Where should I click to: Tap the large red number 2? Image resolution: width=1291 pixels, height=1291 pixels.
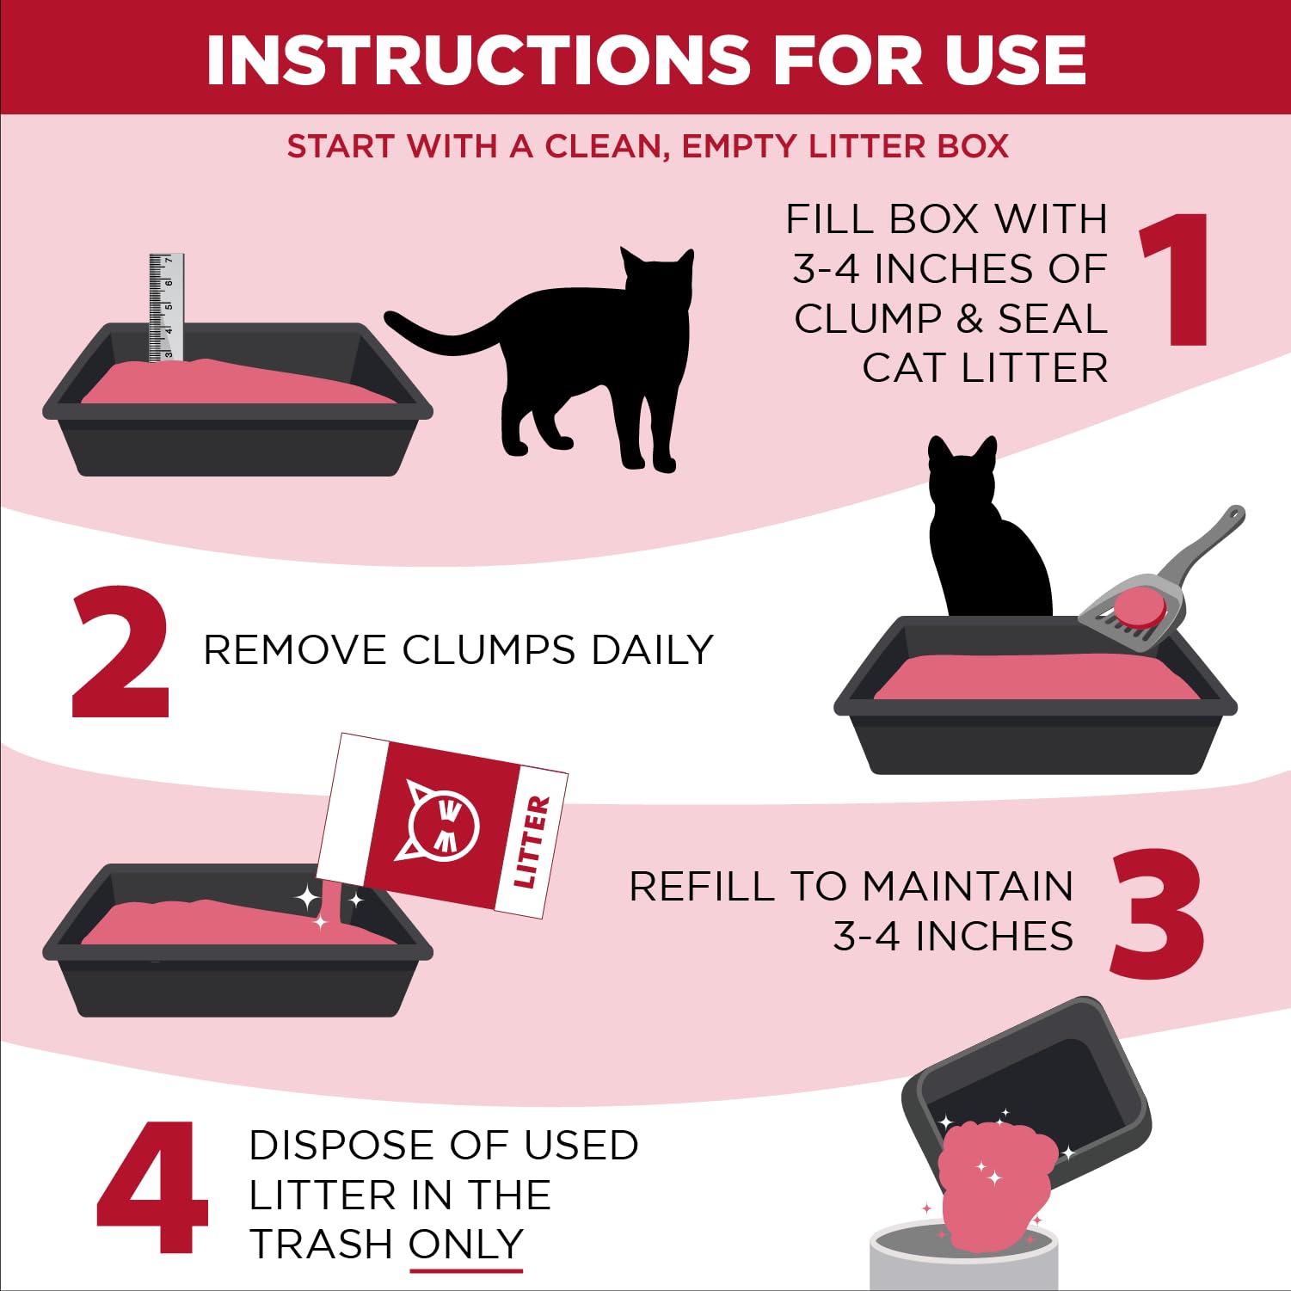(120, 653)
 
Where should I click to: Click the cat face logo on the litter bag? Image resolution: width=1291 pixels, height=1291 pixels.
(441, 824)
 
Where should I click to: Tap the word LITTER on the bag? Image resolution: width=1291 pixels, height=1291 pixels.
(532, 842)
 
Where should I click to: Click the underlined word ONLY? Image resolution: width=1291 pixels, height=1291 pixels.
(465, 1245)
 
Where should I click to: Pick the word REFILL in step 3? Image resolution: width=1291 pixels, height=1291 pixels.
(702, 887)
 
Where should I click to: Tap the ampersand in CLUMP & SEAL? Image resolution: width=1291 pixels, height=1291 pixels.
(969, 319)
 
